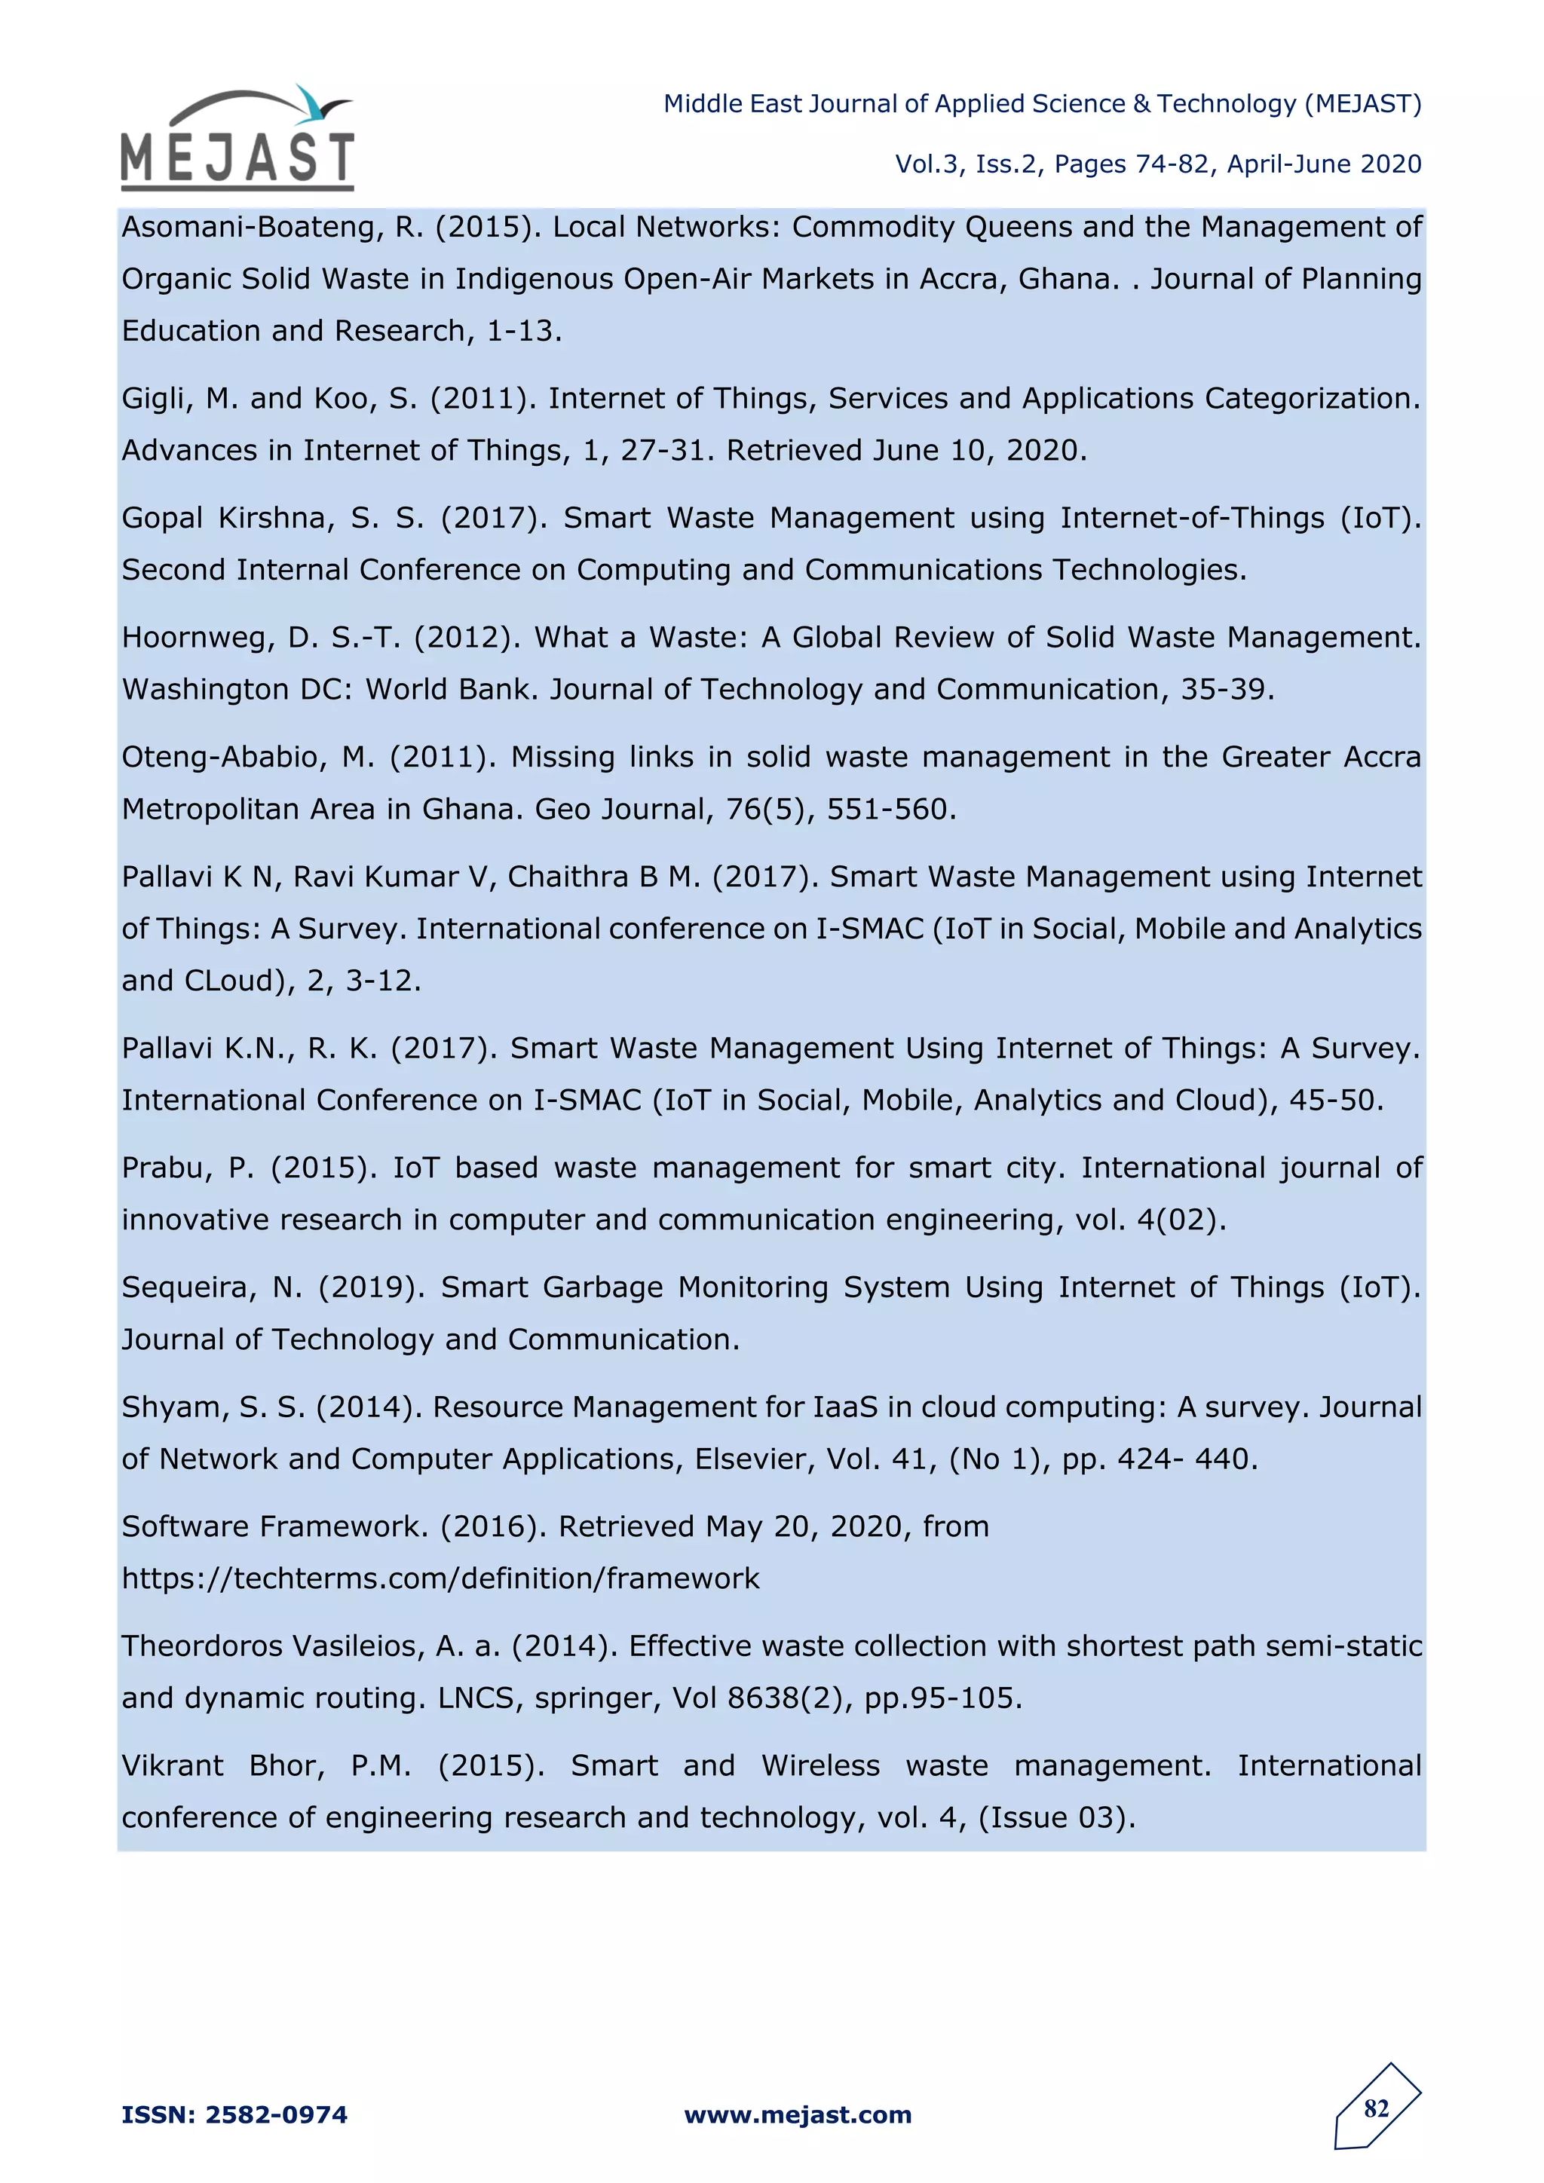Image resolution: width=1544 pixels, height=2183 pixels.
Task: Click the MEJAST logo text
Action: (x=237, y=158)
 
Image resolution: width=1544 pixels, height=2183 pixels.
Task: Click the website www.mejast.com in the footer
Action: (x=798, y=2114)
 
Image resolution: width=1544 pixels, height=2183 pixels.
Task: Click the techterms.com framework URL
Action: (x=440, y=1578)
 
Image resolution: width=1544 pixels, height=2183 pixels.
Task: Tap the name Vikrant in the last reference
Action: (x=172, y=1765)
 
